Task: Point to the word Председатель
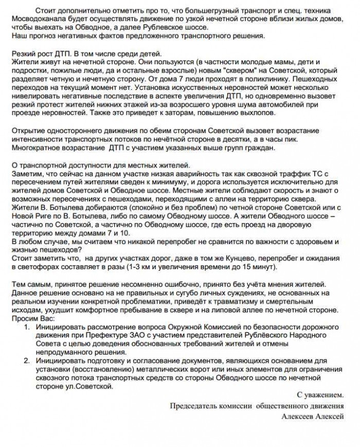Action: tap(195, 406)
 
